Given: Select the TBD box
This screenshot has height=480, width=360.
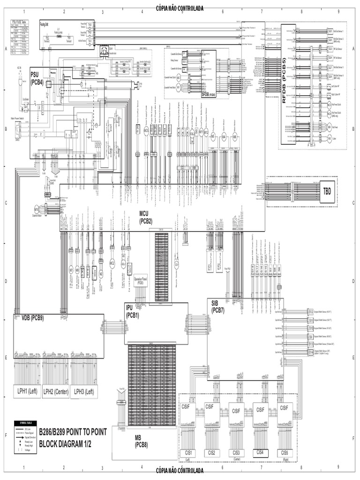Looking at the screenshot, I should (x=326, y=191).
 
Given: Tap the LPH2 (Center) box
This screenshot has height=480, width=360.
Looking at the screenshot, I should (x=55, y=391).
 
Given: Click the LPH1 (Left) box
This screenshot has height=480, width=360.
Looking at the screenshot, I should (x=26, y=391).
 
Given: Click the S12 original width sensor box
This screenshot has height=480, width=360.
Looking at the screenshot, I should (x=310, y=312).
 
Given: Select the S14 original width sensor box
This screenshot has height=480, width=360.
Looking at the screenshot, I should (x=310, y=352).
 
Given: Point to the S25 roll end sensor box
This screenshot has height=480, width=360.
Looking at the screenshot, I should (x=330, y=31).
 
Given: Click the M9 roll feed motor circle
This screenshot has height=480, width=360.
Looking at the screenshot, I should (x=330, y=127).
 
